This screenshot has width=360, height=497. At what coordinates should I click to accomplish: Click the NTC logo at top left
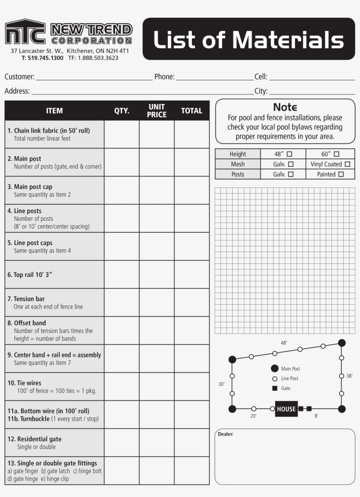[25, 32]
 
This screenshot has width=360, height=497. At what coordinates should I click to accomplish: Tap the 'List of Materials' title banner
[248, 39]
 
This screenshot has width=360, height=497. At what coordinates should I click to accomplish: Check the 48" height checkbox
[289, 154]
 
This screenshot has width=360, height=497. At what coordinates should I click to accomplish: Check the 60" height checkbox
[337, 154]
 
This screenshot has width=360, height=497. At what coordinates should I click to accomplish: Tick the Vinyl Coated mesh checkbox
[347, 164]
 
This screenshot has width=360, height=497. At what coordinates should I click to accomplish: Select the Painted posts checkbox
[341, 174]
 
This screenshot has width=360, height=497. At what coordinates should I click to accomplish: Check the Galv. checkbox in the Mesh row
[290, 164]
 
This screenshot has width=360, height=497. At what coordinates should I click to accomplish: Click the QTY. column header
[122, 111]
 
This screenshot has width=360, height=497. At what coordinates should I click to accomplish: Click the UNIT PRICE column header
[157, 111]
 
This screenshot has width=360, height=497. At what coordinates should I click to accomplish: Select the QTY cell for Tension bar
[122, 303]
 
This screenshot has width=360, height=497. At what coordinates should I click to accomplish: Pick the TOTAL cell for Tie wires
[192, 386]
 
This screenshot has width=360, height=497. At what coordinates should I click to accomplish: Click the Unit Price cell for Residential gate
[157, 443]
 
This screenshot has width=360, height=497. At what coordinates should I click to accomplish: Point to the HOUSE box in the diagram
[286, 409]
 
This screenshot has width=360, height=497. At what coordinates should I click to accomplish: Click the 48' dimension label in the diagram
[284, 343]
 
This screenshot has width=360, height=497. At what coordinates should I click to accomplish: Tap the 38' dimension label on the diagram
[349, 376]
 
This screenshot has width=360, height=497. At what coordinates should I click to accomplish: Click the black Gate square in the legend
[275, 388]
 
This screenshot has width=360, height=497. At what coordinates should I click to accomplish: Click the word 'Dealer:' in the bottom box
[226, 434]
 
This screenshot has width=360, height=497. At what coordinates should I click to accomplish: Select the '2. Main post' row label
[28, 158]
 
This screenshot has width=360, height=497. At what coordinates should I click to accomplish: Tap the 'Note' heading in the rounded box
[285, 107]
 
